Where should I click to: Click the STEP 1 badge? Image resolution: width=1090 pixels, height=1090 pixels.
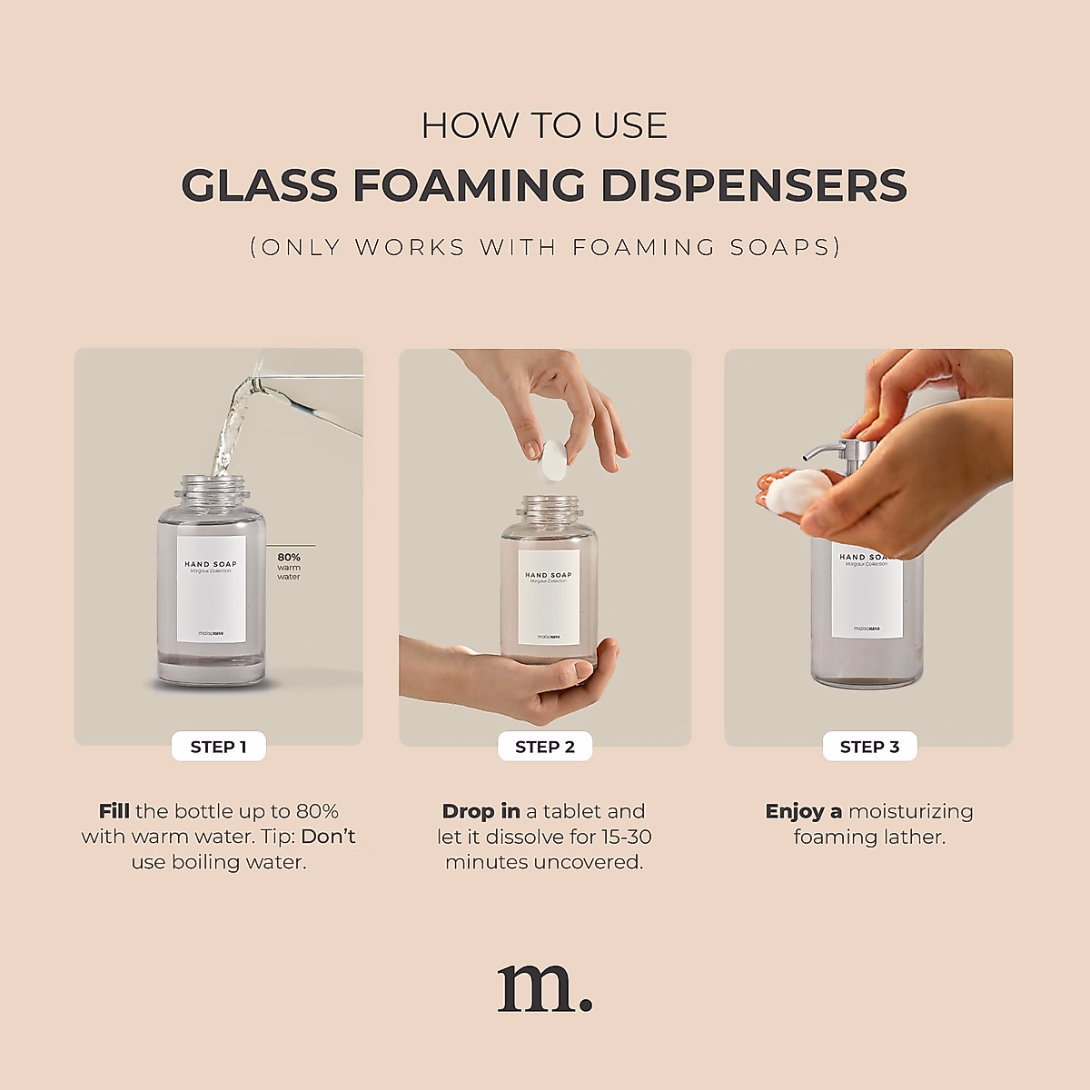tap(218, 747)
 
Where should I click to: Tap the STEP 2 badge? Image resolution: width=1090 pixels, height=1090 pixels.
tap(545, 747)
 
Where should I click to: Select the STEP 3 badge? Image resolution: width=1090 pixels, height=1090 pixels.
tap(869, 747)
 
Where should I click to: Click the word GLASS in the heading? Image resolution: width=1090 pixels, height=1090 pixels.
tap(259, 186)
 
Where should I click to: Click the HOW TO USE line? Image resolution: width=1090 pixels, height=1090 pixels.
tap(544, 126)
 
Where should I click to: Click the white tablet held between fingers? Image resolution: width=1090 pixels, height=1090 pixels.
tap(551, 460)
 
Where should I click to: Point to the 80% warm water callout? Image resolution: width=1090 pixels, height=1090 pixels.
tap(289, 566)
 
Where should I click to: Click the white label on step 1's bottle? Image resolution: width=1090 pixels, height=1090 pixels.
tap(212, 590)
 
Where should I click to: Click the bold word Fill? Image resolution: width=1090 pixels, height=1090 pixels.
tap(114, 811)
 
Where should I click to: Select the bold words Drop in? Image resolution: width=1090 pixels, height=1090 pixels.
tap(481, 811)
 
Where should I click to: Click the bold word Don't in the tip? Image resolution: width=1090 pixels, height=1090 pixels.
tap(328, 837)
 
